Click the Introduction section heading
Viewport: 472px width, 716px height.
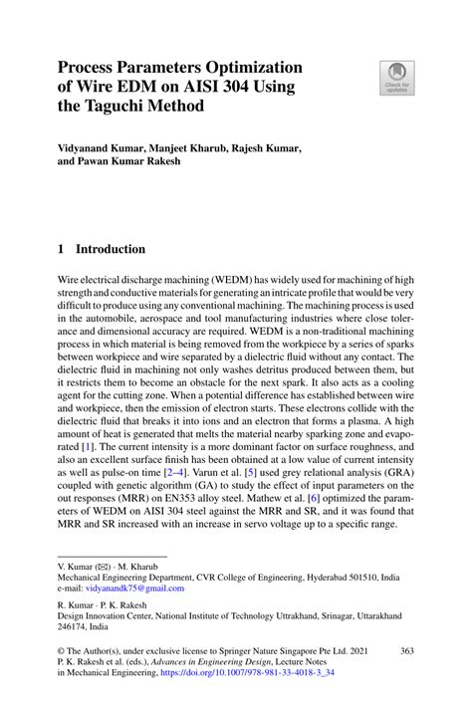point(110,249)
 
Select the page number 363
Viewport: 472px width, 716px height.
point(406,650)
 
